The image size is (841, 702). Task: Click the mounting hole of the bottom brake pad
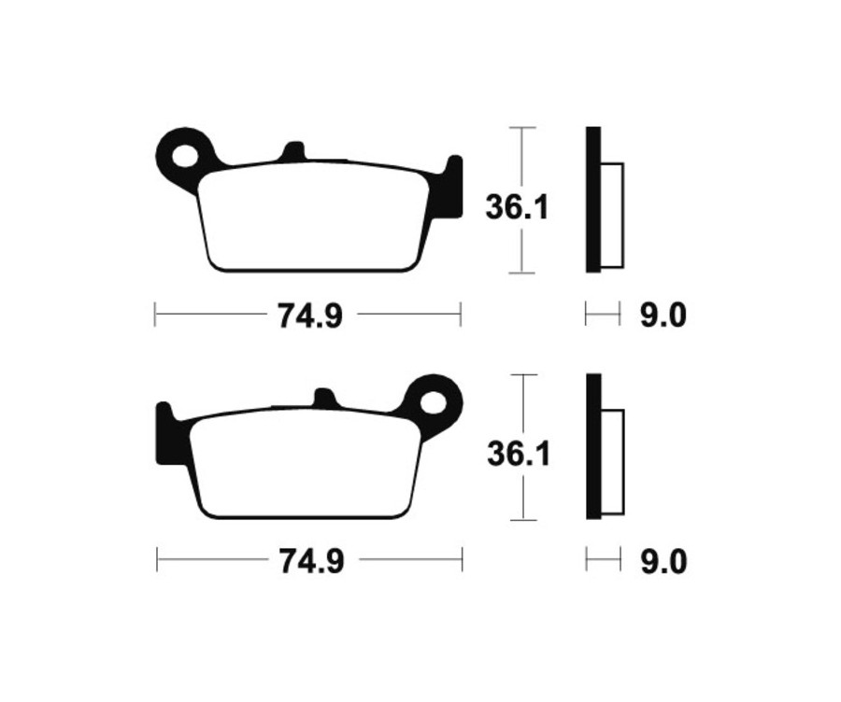(x=434, y=401)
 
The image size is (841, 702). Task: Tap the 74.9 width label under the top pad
(x=309, y=316)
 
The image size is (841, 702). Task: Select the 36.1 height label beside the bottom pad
(x=518, y=456)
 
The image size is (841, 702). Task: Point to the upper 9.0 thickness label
(x=663, y=316)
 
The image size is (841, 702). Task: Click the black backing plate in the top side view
(x=592, y=200)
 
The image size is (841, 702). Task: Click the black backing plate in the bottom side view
(x=593, y=446)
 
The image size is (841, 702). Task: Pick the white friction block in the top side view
(x=611, y=214)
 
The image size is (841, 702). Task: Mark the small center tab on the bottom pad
(x=323, y=399)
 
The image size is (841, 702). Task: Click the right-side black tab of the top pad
(x=452, y=188)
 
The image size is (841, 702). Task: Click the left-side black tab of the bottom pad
(x=164, y=434)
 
